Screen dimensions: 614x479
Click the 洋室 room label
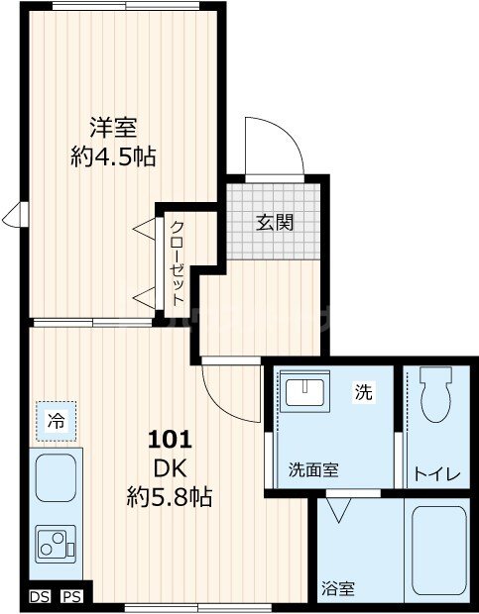pos(113,128)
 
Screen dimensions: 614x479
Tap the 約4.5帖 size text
pos(113,155)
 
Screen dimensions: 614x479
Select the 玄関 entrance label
pos(276,222)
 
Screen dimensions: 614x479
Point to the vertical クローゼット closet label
pos(177,261)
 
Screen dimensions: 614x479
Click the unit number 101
pos(170,439)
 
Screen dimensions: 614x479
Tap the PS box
pos(70,596)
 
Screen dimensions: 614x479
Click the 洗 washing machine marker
pos(364,393)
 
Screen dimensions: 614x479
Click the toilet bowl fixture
pos(435,396)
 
